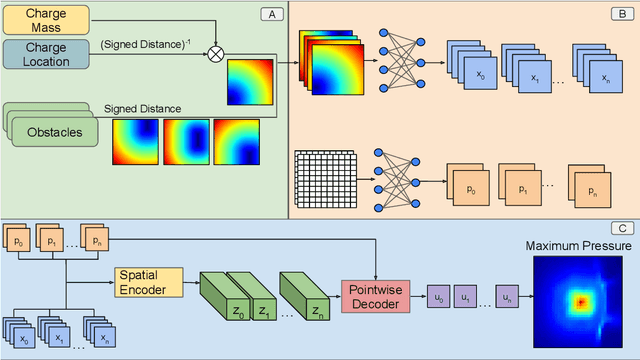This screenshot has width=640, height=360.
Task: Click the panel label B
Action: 622,13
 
